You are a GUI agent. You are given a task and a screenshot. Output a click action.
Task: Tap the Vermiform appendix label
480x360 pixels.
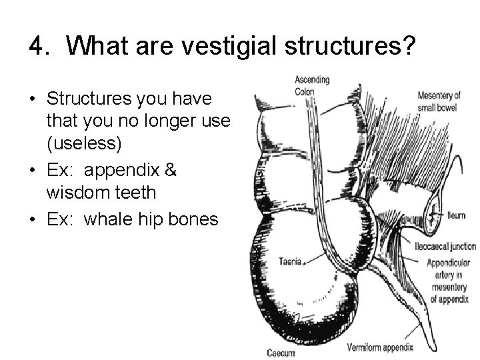point(381,347)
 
